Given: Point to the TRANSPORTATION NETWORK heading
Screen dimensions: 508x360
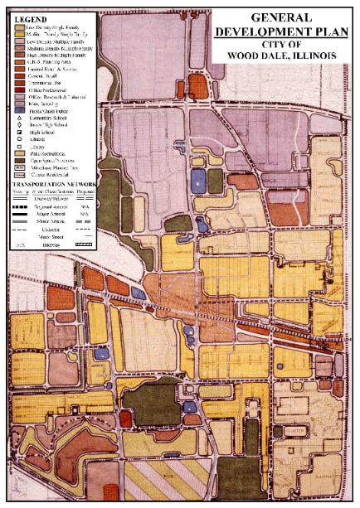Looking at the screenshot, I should pos(51,183).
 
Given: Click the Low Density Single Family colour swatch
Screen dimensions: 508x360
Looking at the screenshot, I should pos(18,27).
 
